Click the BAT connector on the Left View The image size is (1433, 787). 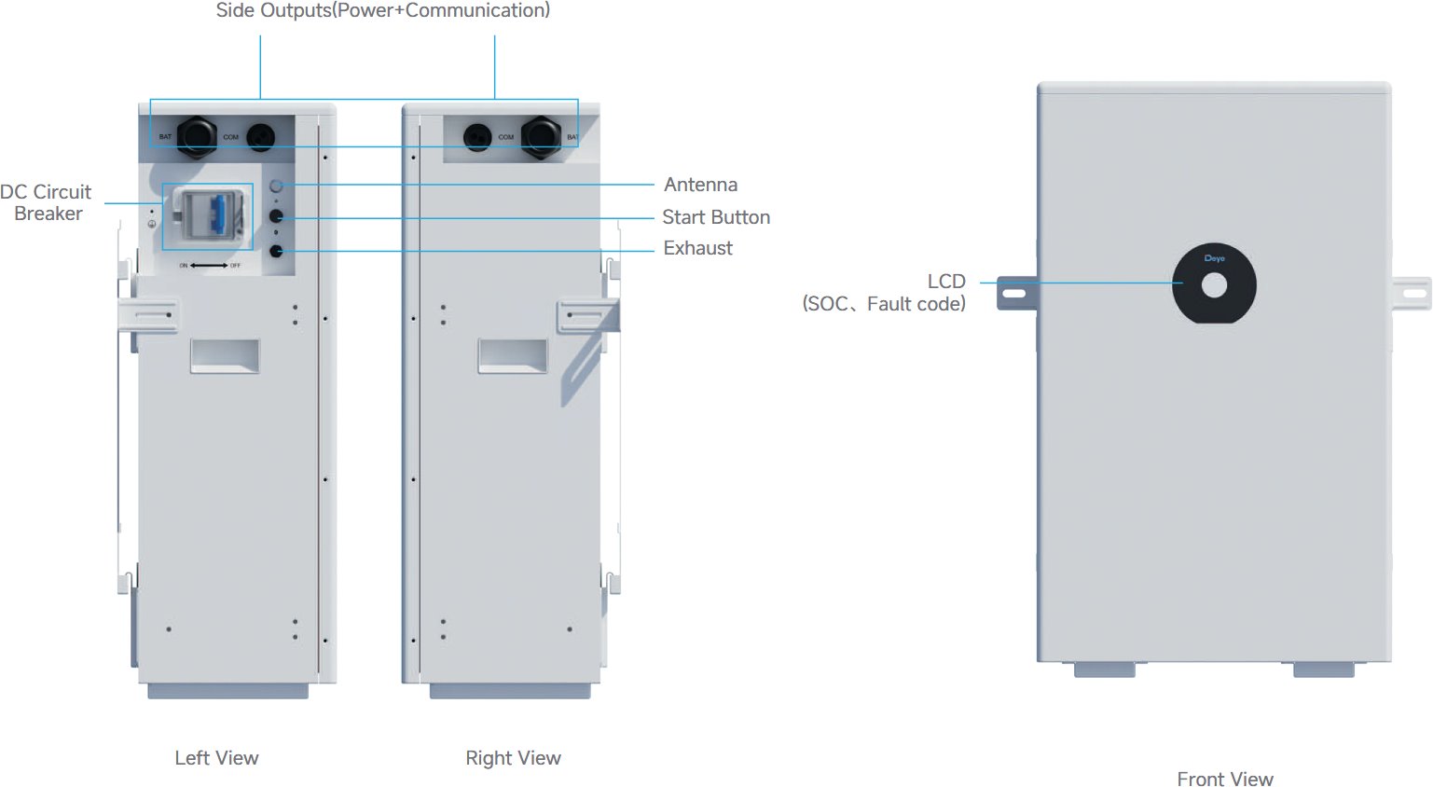[x=197, y=136]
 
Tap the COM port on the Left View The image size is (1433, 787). [x=260, y=137]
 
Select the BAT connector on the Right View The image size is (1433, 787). [x=540, y=136]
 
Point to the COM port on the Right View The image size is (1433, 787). [x=477, y=137]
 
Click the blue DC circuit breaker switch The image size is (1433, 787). [x=216, y=215]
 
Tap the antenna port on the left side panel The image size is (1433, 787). [x=276, y=186]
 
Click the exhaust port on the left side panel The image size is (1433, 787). [x=276, y=251]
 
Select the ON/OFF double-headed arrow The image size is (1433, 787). [x=210, y=266]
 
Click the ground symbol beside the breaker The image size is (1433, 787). [x=152, y=224]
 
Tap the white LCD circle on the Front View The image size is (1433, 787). [x=1214, y=284]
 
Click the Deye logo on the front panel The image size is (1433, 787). [x=1214, y=258]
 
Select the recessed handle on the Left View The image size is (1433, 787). [x=225, y=355]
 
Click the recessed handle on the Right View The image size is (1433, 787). [x=513, y=355]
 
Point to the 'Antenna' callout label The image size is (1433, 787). [x=700, y=185]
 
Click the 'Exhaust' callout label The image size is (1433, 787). [x=697, y=248]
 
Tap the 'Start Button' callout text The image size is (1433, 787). [x=716, y=217]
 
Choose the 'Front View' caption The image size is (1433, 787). [x=1224, y=779]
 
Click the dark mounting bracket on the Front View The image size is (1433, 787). [x=1016, y=293]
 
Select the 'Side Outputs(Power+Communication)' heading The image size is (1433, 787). [x=382, y=10]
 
